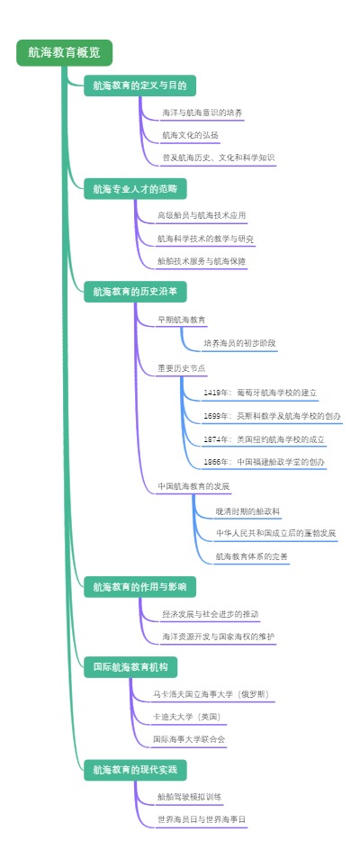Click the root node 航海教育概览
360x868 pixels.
pos(64,53)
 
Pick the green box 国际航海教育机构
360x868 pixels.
pos(130,667)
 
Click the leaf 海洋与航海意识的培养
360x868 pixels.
pos(202,113)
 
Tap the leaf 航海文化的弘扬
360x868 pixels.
pos(190,135)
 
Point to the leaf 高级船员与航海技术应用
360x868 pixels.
pos(201,216)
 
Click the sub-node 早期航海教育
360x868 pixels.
pos(181,320)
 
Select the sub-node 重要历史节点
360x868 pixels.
pos(181,368)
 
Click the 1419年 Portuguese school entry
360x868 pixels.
pos(260,393)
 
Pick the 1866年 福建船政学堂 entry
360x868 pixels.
pos(264,462)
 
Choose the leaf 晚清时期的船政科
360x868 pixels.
pos(247,511)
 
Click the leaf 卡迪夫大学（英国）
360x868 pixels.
pos(189,717)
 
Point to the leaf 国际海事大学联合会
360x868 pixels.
pos(189,739)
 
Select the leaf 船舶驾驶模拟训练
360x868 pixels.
pos(189,797)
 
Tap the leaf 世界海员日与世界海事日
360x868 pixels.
pos(201,819)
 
